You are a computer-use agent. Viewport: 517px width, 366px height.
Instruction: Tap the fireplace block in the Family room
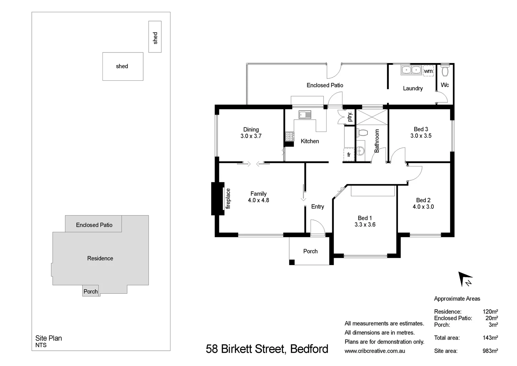point(218,199)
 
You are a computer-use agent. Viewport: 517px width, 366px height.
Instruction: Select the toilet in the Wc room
point(445,71)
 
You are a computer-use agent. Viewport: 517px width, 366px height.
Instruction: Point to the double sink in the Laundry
point(411,70)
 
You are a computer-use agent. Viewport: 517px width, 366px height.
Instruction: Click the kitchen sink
point(305,115)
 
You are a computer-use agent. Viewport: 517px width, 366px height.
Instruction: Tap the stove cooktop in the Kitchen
point(289,137)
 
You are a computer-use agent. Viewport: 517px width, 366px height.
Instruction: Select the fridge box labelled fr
point(349,155)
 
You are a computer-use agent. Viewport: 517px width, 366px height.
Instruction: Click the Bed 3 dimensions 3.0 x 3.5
point(421,136)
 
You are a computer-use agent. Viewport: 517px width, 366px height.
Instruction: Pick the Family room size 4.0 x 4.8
point(258,200)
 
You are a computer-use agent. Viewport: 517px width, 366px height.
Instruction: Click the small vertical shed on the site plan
point(155,37)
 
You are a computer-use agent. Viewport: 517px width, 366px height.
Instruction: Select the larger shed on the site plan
point(122,66)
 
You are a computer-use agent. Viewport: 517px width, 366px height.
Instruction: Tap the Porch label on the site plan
point(90,291)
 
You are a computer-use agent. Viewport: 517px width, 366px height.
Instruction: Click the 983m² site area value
point(490,351)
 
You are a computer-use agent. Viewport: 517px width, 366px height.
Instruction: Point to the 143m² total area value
point(490,338)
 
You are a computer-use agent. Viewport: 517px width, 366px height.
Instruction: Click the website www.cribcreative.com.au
point(375,351)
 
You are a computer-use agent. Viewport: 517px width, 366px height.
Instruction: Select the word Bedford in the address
point(309,349)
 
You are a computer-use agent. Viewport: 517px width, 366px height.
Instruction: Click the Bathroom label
point(377,141)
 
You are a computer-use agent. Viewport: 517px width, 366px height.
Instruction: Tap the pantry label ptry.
point(350,117)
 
